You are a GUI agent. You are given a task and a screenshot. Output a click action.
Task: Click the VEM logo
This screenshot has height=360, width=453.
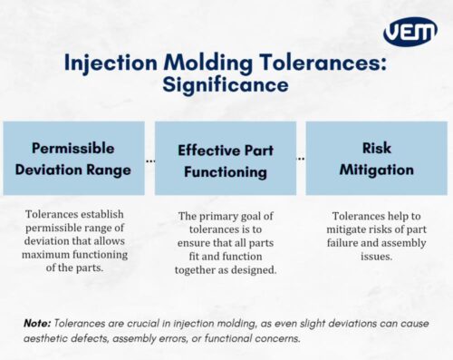point(410,31)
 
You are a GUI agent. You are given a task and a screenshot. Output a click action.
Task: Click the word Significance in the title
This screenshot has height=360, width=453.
point(226,84)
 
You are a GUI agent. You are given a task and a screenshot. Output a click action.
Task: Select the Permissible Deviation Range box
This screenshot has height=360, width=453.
point(74,157)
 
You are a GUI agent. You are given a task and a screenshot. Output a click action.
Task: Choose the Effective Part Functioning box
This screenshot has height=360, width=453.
point(226,157)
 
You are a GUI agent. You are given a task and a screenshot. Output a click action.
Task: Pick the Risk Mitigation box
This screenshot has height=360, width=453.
point(376,157)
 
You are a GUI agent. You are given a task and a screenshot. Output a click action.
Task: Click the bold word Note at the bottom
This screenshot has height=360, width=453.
point(37,324)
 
